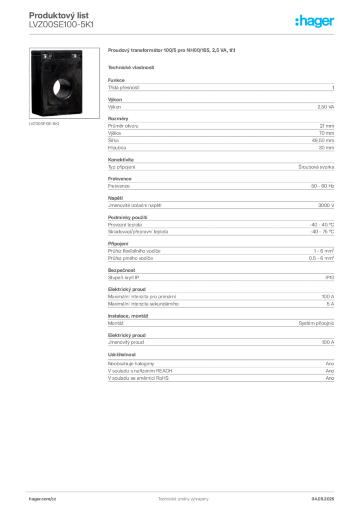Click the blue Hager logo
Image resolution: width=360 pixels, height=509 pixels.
[x=316, y=21]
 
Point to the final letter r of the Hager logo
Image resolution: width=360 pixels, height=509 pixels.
[x=333, y=22]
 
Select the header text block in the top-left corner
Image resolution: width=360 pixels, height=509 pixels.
[x=61, y=20]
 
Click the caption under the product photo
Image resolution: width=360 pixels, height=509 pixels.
[x=44, y=124]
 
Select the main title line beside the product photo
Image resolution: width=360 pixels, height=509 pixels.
[x=173, y=52]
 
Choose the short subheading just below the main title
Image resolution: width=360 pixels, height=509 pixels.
[x=131, y=67]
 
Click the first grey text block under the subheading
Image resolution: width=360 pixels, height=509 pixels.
[x=221, y=87]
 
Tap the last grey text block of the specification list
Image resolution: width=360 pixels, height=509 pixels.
[x=221, y=375]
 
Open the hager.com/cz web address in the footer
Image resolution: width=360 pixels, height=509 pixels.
[x=43, y=499]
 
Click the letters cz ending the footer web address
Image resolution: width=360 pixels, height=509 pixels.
[x=53, y=499]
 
